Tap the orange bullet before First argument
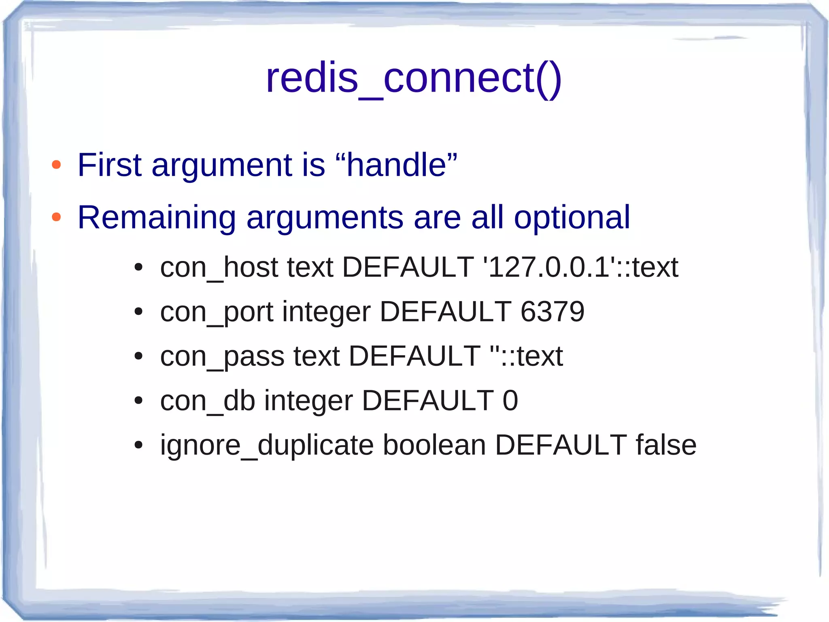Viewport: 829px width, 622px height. (56, 165)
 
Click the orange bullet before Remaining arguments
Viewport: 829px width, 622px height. (56, 217)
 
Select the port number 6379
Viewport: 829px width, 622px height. (552, 312)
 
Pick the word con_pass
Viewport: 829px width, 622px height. (222, 357)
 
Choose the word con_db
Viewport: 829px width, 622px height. (208, 401)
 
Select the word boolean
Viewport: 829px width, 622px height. (434, 445)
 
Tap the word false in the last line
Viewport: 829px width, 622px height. (666, 445)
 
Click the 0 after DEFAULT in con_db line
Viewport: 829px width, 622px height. (510, 401)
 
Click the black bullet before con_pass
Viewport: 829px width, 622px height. (139, 356)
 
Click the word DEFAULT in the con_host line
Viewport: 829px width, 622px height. (408, 267)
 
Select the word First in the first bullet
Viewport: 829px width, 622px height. (109, 165)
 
